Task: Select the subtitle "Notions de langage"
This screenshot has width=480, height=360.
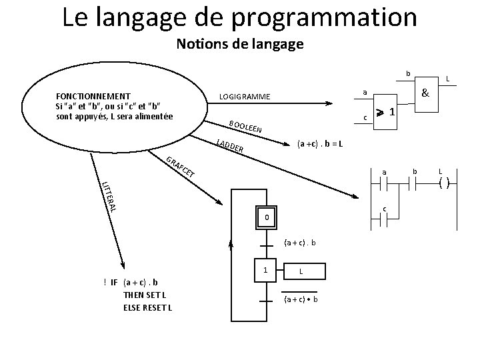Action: [x=240, y=45]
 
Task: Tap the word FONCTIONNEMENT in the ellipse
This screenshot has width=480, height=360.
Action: [x=93, y=95]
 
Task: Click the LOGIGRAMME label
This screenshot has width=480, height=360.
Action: [x=245, y=97]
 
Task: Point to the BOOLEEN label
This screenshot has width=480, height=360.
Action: [x=245, y=125]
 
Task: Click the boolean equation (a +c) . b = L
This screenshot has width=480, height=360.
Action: [x=321, y=144]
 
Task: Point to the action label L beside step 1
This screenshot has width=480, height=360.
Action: [x=301, y=271]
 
